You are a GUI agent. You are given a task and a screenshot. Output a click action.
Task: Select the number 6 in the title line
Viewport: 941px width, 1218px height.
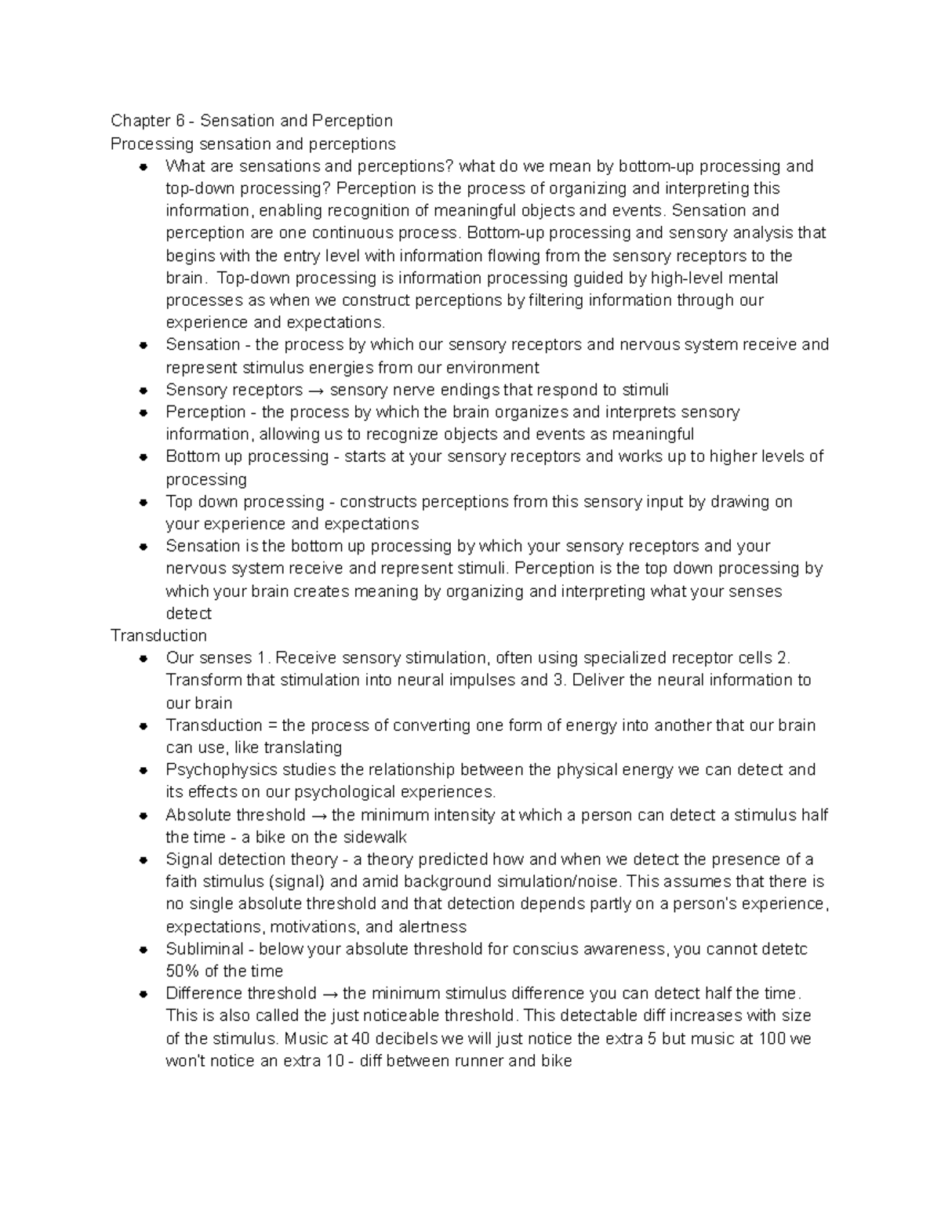180,121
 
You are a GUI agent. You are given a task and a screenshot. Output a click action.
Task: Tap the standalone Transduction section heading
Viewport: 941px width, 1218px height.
158,635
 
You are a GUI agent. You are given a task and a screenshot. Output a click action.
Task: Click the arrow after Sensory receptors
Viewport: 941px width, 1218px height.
316,391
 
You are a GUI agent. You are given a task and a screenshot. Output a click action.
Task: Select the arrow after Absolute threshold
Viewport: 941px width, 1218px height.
318,816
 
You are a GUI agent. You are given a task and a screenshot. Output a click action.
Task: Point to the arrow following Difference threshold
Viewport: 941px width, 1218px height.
330,994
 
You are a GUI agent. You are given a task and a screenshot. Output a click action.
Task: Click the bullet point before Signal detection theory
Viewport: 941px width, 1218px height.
144,860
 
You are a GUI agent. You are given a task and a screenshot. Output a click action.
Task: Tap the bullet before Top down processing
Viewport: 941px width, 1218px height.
144,502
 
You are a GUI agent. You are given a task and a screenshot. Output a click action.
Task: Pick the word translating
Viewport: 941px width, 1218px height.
303,747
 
